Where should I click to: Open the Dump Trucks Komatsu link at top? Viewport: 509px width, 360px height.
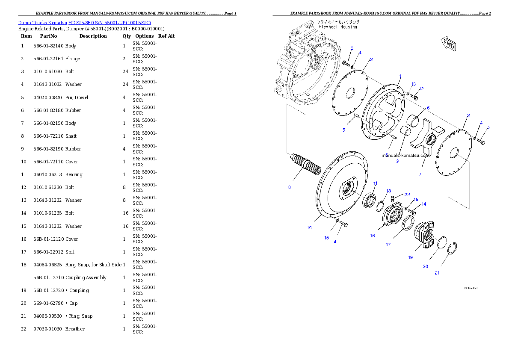(x=84, y=22)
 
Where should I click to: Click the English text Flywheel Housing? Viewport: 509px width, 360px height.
(x=337, y=27)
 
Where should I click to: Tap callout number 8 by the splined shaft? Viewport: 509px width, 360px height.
(x=290, y=187)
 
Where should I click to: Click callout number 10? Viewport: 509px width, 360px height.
(x=309, y=227)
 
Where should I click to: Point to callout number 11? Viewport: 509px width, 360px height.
(x=376, y=183)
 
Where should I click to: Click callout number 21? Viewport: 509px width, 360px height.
(x=437, y=273)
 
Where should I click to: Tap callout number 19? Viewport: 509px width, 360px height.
(x=410, y=257)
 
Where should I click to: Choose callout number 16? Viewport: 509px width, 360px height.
(x=373, y=236)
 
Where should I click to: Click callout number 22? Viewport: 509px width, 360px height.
(x=407, y=195)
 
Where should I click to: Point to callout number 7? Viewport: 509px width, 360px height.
(x=420, y=174)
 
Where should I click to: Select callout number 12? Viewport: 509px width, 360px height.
(x=421, y=89)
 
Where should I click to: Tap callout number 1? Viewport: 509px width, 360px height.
(x=400, y=77)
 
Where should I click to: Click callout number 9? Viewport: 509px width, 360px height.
(x=397, y=162)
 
